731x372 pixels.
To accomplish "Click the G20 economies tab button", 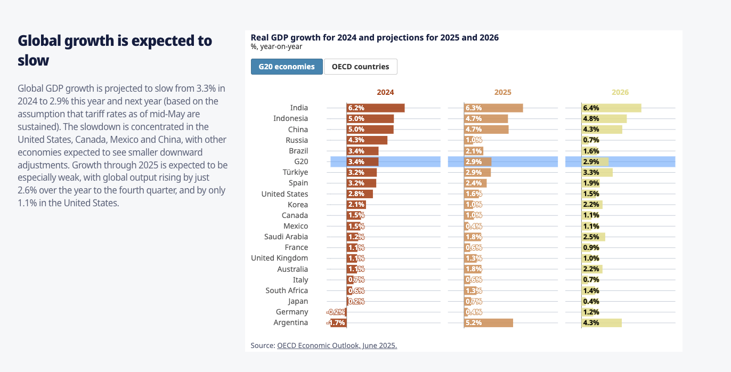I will point(287,67).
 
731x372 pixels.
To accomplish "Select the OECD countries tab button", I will point(360,67).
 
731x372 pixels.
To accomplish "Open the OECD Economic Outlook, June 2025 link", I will point(337,345).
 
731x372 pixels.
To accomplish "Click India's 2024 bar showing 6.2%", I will point(376,108).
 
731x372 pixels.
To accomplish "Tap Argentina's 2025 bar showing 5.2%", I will point(489,322).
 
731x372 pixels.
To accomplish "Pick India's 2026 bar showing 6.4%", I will point(611,108).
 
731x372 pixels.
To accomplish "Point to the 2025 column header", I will point(502,92).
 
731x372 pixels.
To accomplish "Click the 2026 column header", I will point(620,92).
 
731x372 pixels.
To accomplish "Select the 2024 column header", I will point(385,92).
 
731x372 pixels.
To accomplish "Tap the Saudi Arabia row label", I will point(286,237).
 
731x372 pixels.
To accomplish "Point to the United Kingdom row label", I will point(280,258).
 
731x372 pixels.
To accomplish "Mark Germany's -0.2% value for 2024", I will point(337,312).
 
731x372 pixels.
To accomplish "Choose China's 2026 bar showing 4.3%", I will point(602,130).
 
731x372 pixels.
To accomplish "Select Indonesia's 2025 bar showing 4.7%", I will point(486,118).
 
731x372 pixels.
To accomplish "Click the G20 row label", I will point(301,161).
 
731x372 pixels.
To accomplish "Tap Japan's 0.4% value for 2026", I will point(591,301).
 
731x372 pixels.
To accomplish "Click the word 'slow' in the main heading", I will point(34,60).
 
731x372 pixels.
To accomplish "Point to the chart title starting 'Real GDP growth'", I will point(375,37).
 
